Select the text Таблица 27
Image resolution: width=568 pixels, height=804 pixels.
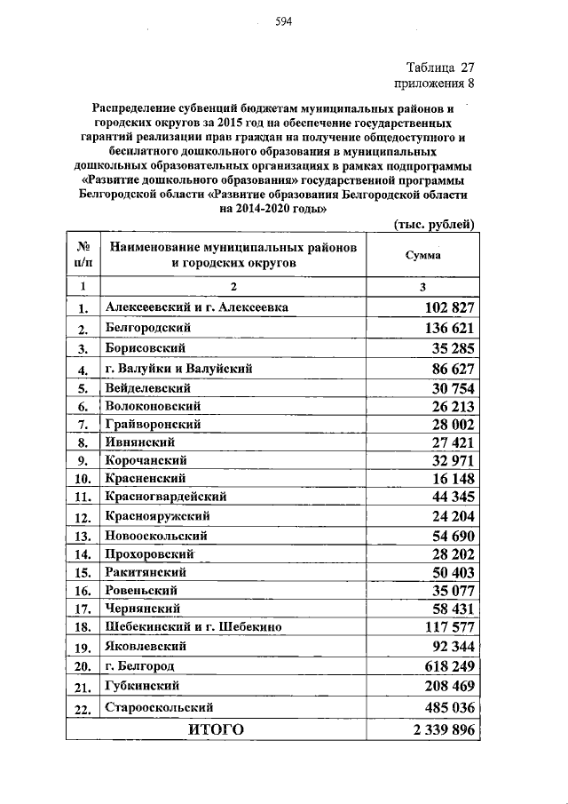pyautogui.click(x=441, y=68)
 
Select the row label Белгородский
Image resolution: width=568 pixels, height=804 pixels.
pyautogui.click(x=148, y=328)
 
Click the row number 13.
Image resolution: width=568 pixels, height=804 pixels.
pyautogui.click(x=83, y=537)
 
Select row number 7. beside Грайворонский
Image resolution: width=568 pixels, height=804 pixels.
pyautogui.click(x=83, y=426)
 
